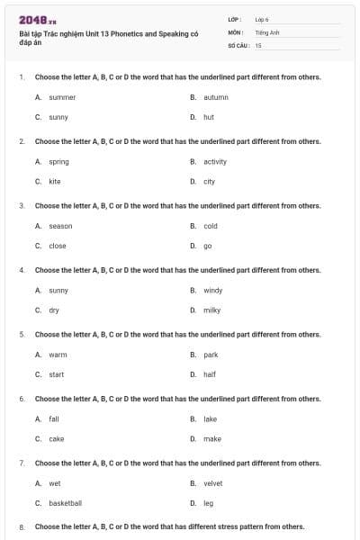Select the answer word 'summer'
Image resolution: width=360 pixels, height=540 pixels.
point(62,97)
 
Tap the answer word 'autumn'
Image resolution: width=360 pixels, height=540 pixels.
point(216,97)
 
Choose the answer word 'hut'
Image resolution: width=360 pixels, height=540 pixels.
point(209,117)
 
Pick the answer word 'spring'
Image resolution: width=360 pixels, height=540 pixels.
point(58,162)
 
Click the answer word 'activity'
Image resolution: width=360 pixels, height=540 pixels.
point(215,162)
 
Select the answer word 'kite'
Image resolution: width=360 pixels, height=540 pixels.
point(55,182)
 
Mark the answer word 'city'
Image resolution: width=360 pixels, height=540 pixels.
point(209,182)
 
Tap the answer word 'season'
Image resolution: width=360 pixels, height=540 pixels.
point(60,226)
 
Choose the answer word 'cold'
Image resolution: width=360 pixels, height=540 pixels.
point(211,226)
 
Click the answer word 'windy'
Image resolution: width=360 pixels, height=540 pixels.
point(212,291)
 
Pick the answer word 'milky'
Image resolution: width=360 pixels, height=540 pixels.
point(211,310)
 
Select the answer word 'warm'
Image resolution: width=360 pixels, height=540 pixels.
point(58,355)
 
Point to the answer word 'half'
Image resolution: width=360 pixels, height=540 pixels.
point(210,374)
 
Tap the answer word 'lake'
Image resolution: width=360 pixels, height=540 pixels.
point(211,419)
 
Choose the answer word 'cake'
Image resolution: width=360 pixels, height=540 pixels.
point(57,439)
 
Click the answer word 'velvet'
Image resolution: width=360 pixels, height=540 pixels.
point(213,483)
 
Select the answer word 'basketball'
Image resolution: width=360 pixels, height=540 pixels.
point(65,503)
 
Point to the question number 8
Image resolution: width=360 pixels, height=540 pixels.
point(22,526)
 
